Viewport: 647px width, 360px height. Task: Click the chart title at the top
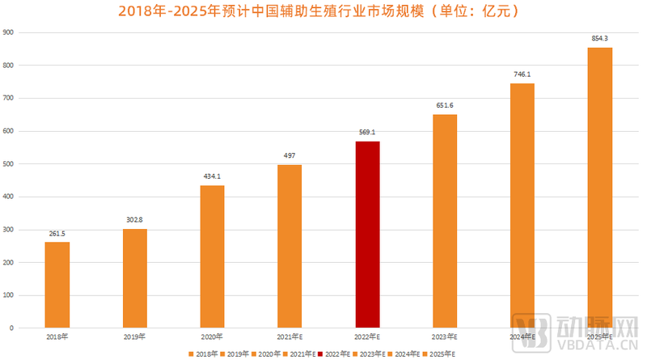click(323, 11)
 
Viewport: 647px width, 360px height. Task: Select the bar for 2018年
click(57, 285)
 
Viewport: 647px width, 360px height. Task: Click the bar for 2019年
click(135, 278)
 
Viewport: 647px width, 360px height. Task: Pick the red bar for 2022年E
click(367, 235)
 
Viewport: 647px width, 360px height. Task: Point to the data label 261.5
click(57, 234)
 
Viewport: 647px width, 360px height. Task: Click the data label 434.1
click(212, 177)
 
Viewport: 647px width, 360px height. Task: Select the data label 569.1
click(367, 133)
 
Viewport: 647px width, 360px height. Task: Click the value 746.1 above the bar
click(522, 74)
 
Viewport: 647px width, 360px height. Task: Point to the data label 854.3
click(599, 39)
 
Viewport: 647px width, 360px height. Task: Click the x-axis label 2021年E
click(290, 337)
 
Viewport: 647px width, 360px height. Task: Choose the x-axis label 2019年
click(135, 337)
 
